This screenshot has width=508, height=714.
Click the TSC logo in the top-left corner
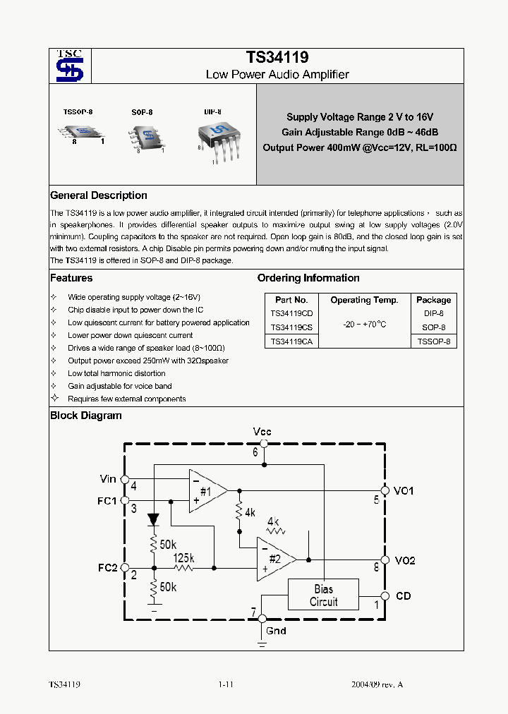(70, 66)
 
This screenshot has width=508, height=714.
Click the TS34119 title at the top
(277, 57)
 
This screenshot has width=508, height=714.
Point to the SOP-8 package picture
(146, 135)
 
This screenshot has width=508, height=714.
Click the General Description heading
(99, 195)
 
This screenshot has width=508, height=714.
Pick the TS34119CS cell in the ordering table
(292, 327)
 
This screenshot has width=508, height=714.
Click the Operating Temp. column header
(364, 300)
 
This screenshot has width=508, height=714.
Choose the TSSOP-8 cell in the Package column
(433, 341)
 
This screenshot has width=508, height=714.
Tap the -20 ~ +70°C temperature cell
(364, 324)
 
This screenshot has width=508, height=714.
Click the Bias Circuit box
(323, 595)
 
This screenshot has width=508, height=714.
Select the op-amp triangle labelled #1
(206, 491)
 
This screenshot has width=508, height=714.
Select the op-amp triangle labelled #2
(274, 558)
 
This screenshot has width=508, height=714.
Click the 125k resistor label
(183, 558)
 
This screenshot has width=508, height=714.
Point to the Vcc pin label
(262, 431)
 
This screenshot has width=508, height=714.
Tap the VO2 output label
(405, 560)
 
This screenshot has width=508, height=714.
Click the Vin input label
(108, 479)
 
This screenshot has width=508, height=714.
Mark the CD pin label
(403, 596)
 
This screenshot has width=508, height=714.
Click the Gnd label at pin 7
(276, 630)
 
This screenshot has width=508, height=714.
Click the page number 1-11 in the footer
(226, 684)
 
